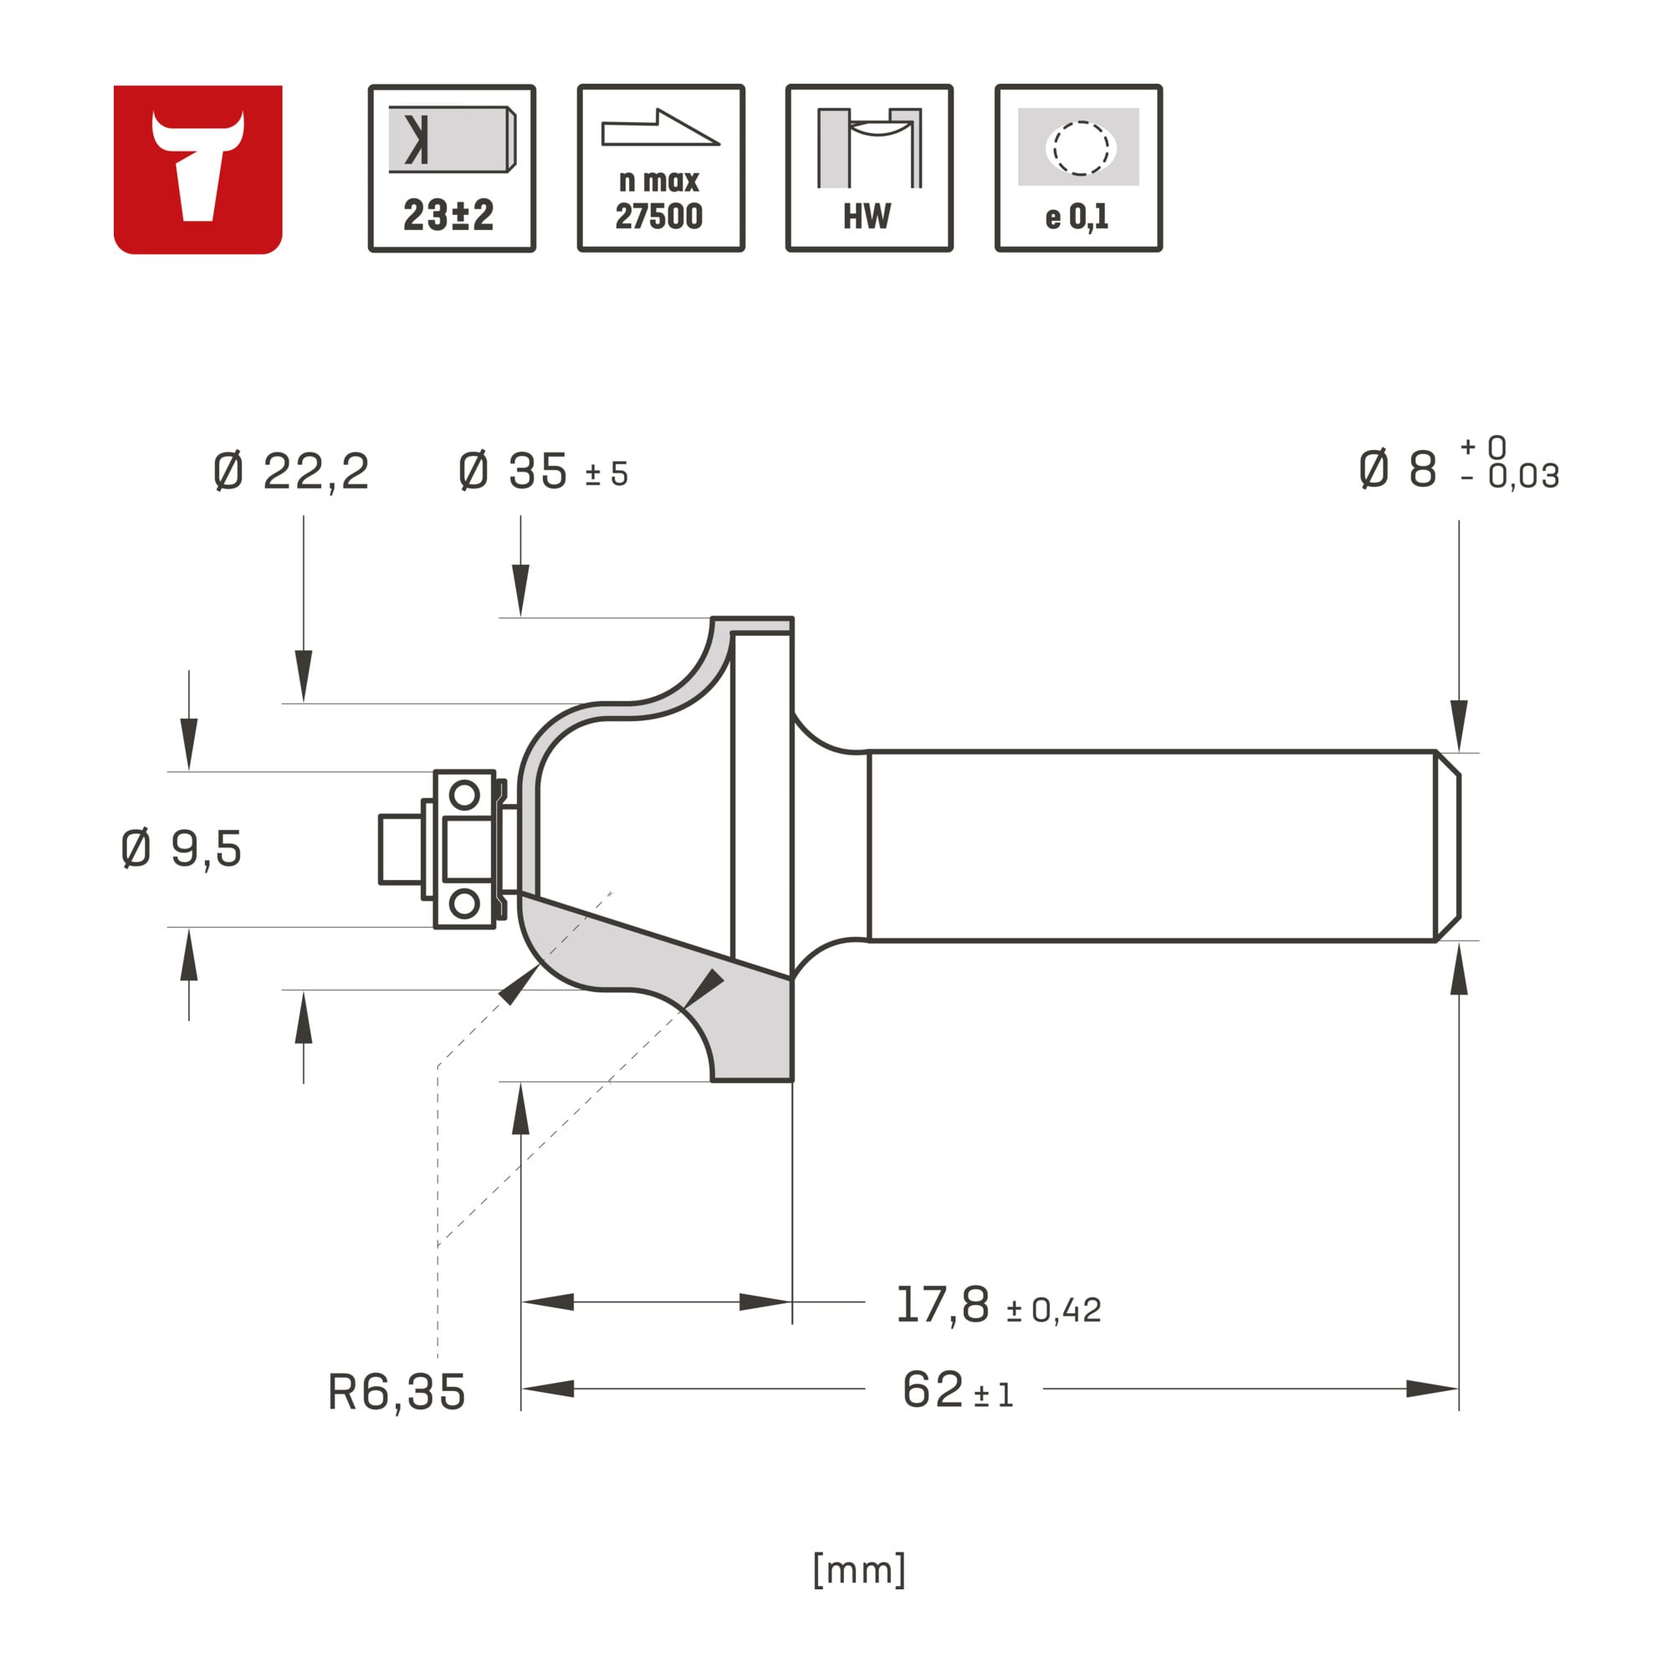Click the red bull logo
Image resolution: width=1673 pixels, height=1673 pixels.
197,169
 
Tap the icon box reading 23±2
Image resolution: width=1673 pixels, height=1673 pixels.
452,168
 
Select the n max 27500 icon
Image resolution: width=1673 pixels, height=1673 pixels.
661,168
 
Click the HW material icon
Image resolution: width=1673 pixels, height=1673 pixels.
869,168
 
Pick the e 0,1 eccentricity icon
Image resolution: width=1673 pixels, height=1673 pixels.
1078,168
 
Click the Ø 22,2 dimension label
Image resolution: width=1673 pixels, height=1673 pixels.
291,472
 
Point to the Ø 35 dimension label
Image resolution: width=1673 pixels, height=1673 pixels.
543,472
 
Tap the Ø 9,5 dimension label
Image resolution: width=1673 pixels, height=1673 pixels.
181,847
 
